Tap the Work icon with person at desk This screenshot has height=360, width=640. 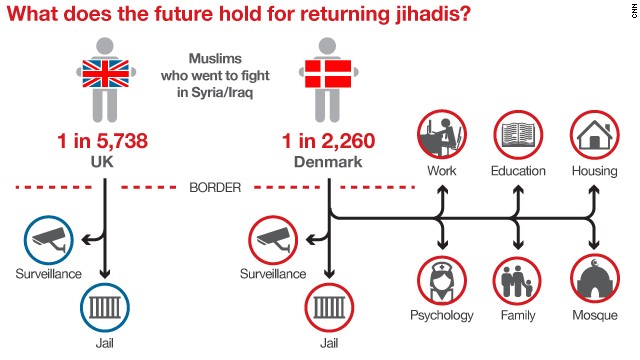coord(441,135)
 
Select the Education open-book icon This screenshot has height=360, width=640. coord(517,135)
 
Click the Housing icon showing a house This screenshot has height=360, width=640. coord(594,135)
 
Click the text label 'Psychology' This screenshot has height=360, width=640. coord(441,315)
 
